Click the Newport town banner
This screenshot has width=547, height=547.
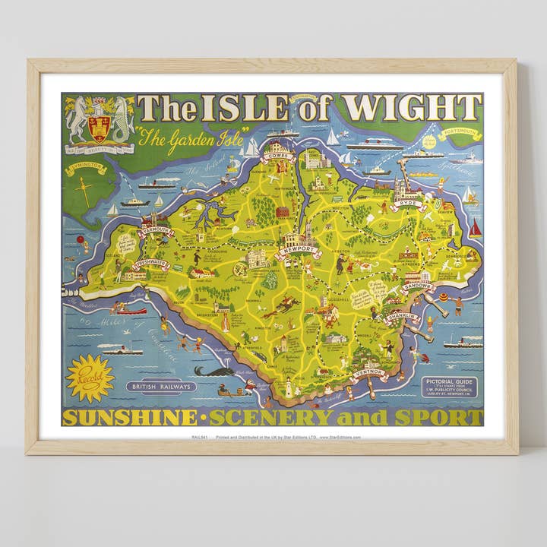297,250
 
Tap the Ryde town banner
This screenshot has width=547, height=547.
408,204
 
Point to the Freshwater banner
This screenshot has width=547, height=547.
151,264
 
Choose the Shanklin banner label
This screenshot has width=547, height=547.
403,318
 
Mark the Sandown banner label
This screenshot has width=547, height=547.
418,286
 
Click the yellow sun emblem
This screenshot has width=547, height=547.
90,378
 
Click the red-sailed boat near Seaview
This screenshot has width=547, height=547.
475,228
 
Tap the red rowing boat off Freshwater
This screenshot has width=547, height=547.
131,311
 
